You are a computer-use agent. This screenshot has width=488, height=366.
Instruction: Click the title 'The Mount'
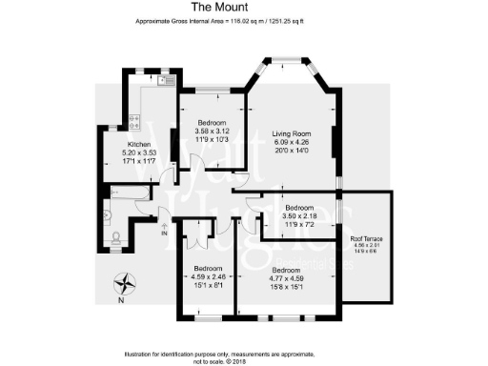(x=245, y=7)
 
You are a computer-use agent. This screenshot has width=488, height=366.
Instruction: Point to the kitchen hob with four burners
(x=134, y=120)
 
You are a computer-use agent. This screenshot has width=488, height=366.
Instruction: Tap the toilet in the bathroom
(x=115, y=239)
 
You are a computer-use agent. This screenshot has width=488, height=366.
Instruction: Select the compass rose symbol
(x=124, y=283)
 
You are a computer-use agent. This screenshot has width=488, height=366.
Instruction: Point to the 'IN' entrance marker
(x=164, y=233)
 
